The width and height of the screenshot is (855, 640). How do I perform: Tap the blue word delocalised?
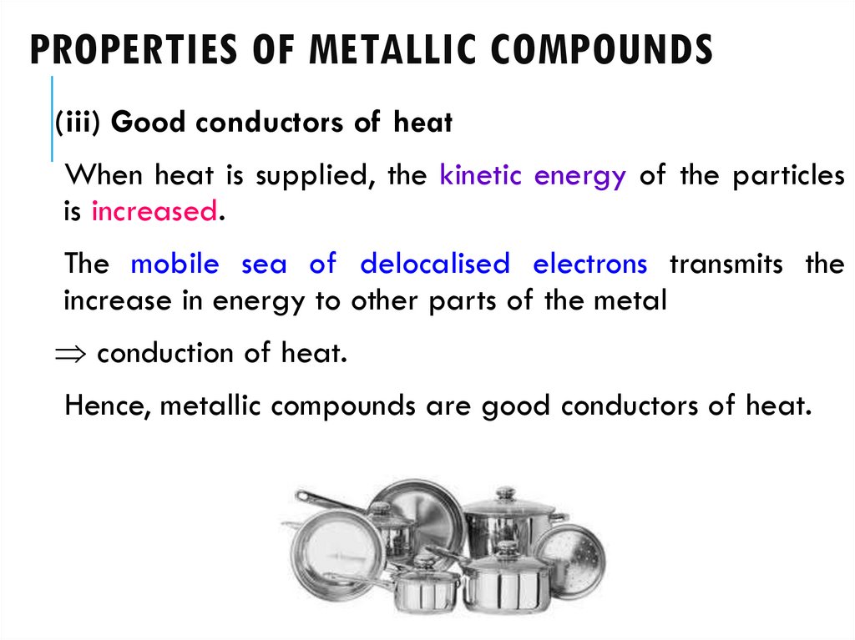[434, 265]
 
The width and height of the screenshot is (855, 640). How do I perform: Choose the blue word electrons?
[589, 265]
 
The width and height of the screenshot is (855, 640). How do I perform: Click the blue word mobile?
[175, 265]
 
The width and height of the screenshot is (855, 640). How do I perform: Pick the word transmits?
[726, 265]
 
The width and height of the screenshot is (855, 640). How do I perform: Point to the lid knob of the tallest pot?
[505, 493]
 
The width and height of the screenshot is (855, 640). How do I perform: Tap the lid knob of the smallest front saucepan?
[426, 562]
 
